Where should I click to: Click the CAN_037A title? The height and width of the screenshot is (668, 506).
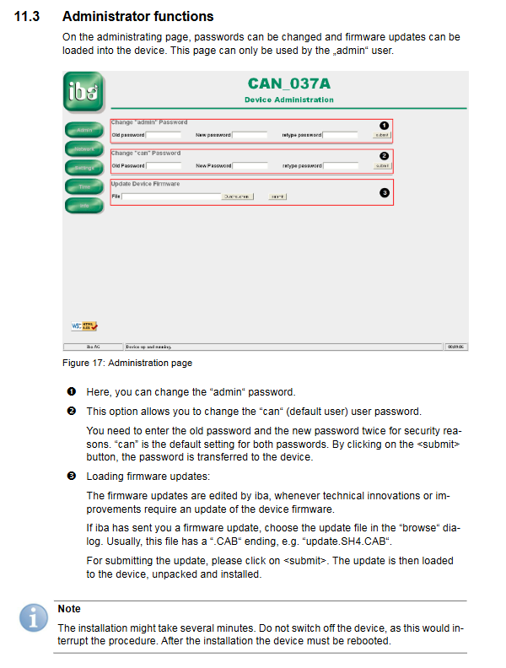point(288,83)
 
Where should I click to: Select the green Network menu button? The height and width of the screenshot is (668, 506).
point(85,148)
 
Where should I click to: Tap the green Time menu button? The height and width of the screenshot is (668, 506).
point(85,186)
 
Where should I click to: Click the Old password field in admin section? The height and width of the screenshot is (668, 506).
point(164,135)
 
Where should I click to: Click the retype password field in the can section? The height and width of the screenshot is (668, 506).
point(341,166)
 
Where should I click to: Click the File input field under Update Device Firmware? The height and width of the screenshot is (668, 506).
point(171,197)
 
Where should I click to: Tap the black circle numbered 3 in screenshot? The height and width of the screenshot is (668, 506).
point(385,193)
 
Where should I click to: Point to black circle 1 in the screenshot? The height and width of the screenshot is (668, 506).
point(385,125)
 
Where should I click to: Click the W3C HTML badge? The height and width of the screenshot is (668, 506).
point(85,326)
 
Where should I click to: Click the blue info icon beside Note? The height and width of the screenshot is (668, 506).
point(33,618)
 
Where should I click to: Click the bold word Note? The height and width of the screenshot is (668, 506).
point(69,608)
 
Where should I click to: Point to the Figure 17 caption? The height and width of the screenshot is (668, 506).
point(127,364)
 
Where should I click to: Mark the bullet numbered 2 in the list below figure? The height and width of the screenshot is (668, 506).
point(72,411)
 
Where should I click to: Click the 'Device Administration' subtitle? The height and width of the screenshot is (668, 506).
point(288,100)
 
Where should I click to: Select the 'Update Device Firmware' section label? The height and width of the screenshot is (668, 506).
point(145,183)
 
